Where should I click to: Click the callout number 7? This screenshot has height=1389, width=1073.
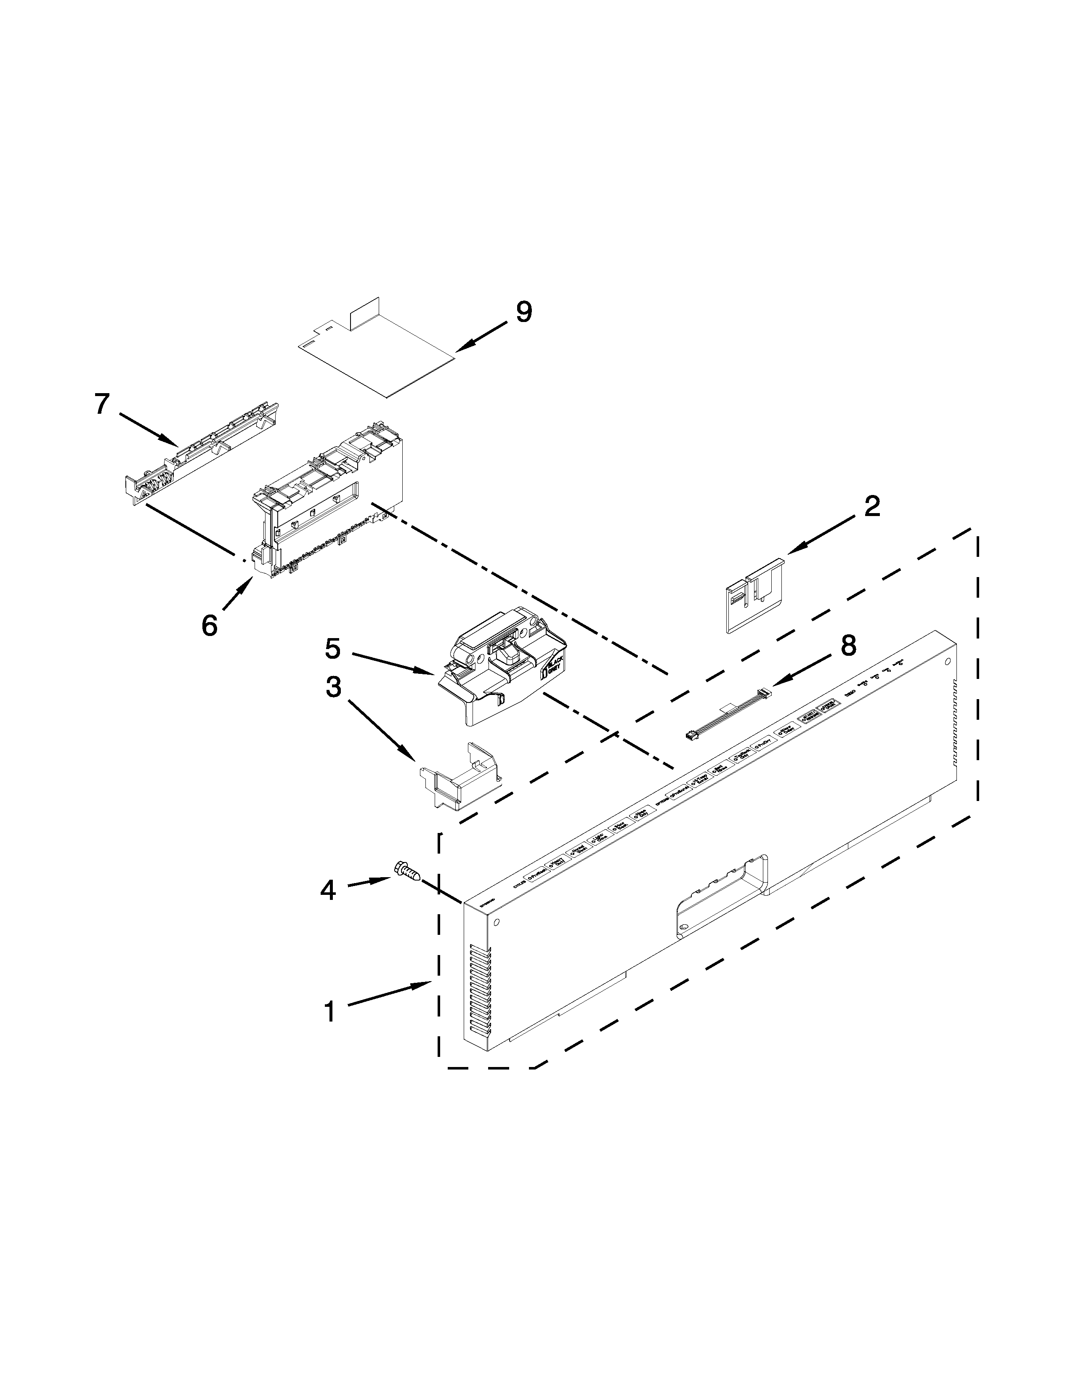pos(102,404)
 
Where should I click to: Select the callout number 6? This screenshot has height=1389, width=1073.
pos(209,625)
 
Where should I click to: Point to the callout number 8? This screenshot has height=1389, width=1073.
pos(848,646)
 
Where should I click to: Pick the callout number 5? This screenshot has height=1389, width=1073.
pos(333,649)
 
